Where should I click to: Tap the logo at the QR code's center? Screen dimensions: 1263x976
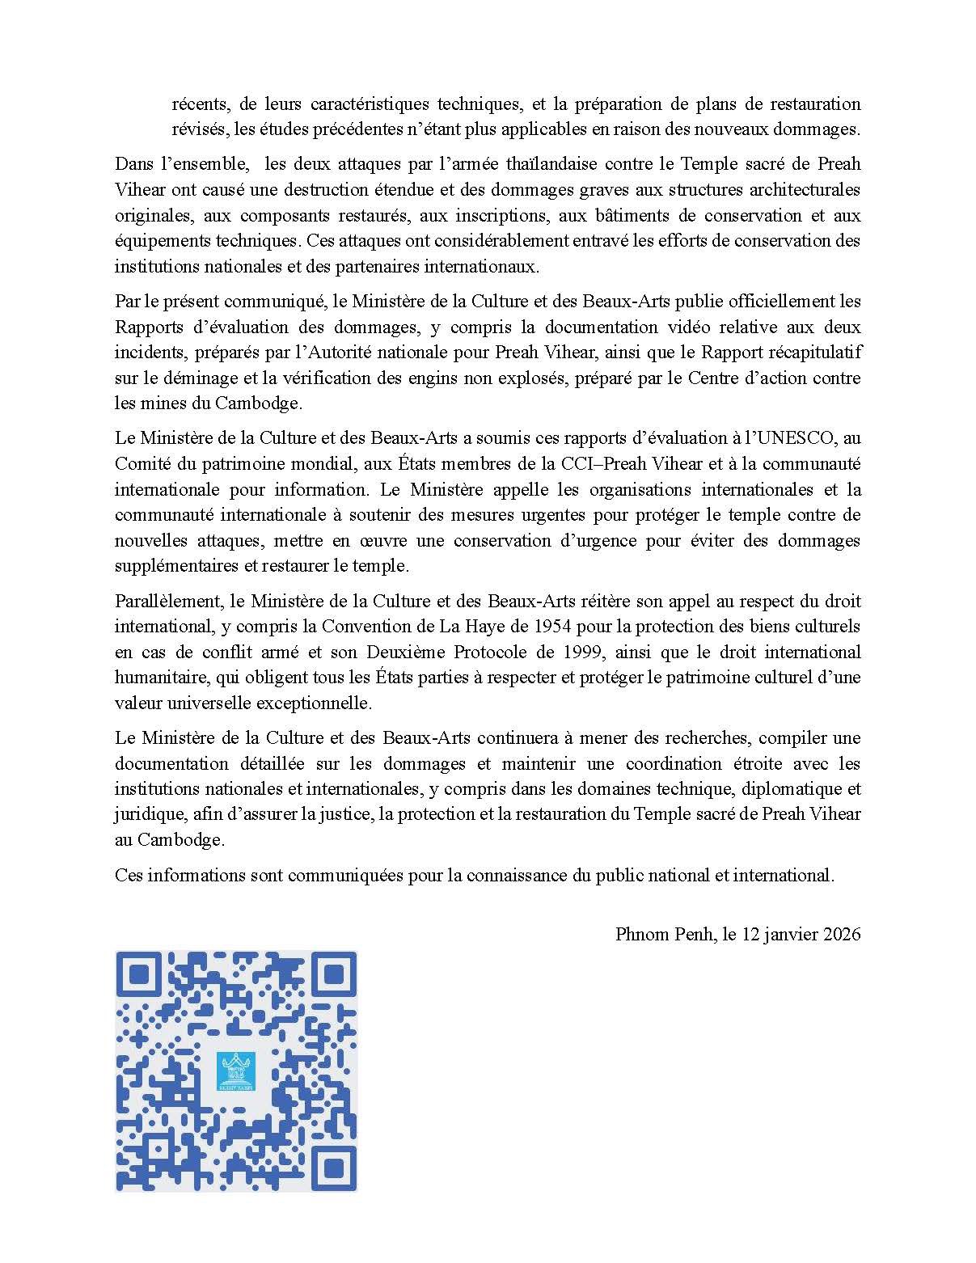pos(236,1071)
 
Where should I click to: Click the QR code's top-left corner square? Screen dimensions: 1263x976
pos(141,974)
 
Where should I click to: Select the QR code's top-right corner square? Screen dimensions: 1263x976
pos(332,974)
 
